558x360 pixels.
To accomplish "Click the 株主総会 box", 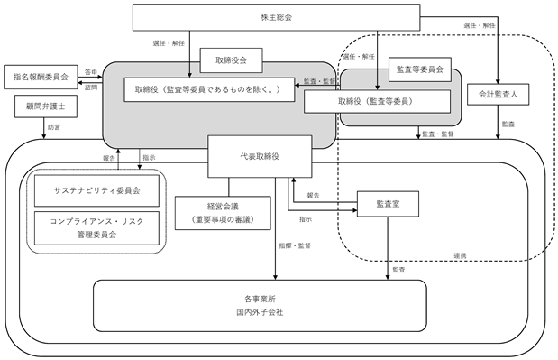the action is pos(276,17).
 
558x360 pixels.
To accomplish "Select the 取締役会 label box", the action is pos(232,60).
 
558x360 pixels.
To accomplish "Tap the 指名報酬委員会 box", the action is pos(41,77).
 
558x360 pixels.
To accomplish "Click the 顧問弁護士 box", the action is pos(46,106).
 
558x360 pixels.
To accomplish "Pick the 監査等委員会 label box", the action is pos(420,69).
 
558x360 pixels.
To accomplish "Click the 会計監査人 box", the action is pos(498,95).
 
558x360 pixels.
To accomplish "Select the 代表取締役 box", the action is pos(260,156).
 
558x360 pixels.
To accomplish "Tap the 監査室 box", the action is pos(388,204).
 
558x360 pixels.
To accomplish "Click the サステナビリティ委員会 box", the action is pos(96,190).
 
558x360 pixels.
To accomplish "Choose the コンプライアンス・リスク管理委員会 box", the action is pos(96,228).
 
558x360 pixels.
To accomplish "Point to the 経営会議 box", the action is pos(223,213).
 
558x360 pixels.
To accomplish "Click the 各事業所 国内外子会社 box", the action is pos(260,306).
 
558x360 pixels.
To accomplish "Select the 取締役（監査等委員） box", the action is pos(377,101).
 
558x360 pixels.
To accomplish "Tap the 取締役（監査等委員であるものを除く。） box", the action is pos(209,89).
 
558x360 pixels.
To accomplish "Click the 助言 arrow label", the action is pos(54,127).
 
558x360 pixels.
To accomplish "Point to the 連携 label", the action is pos(460,255).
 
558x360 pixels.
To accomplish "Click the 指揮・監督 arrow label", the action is pos(295,245).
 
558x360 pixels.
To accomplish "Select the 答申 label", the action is pos(91,71).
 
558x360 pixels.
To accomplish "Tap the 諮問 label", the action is pos(91,88).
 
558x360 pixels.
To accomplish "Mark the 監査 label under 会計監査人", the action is pos(508,125).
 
